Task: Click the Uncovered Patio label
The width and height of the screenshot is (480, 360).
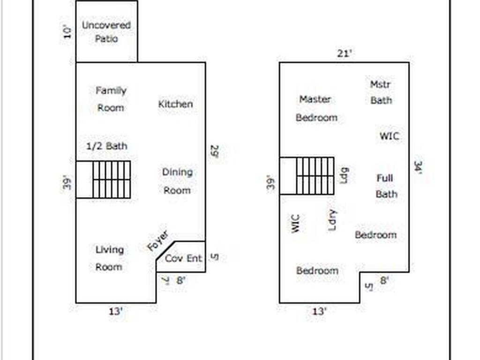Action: point(106,31)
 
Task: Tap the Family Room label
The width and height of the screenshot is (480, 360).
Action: point(111,99)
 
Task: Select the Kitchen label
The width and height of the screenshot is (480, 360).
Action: point(175,104)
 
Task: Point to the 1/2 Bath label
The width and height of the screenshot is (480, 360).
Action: point(107,146)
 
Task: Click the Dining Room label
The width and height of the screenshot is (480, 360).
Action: point(177,181)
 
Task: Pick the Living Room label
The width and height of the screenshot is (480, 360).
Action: point(109,258)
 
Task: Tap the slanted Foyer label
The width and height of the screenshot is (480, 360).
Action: point(157,242)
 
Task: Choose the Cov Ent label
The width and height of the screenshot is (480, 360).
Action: point(183,258)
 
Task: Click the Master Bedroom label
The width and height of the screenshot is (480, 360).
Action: point(316,108)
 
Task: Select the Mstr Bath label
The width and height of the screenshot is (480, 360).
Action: point(381,92)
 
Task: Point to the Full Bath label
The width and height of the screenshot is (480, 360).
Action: point(386,186)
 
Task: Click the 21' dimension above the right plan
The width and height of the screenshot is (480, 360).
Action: point(345,53)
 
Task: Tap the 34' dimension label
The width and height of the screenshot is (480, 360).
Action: point(418,168)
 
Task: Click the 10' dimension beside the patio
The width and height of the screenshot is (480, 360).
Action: point(68,32)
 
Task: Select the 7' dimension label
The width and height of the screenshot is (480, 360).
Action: point(165,281)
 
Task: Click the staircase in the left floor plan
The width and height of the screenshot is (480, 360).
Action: point(112,180)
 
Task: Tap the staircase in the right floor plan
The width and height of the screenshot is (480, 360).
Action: point(315,176)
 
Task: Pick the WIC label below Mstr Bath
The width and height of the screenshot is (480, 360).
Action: point(390,136)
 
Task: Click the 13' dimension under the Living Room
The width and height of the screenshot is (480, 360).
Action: point(115,311)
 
